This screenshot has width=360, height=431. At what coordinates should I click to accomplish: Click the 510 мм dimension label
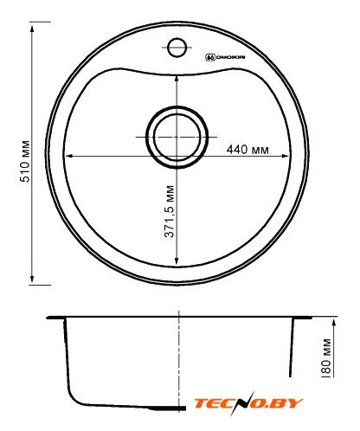(25, 161)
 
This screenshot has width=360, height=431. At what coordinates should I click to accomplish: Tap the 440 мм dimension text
(247, 150)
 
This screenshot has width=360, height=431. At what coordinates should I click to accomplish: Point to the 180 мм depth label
(326, 357)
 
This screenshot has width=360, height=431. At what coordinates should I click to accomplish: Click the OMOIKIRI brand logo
(225, 57)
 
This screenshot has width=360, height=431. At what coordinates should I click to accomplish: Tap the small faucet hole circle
(177, 48)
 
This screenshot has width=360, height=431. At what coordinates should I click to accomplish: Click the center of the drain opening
(177, 137)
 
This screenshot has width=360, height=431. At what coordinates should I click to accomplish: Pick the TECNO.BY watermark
(248, 402)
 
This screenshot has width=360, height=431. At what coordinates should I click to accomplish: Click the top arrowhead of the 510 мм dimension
(32, 29)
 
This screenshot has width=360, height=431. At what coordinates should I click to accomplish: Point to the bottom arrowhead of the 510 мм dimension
(32, 279)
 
